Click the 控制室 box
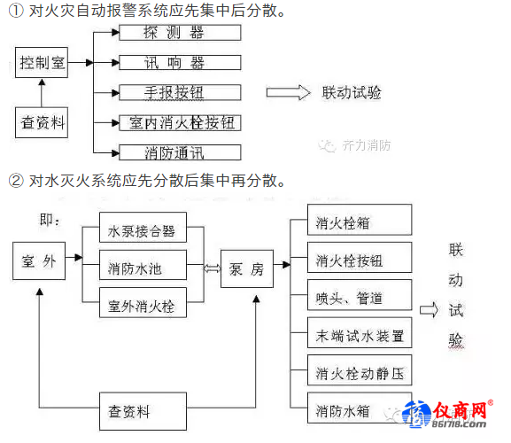42,62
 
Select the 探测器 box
180,32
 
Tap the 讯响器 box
180,62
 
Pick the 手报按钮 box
180,92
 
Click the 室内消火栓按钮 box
180,123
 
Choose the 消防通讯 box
180,152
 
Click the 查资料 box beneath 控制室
42,122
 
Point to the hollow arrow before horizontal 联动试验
288,92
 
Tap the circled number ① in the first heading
16,11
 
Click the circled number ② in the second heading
16,180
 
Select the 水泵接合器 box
143,227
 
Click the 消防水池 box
143,265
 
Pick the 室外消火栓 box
143,302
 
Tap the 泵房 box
247,268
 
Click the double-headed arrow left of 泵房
212,268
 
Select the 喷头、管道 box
360,295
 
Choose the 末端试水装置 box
360,332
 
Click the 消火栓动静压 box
360,370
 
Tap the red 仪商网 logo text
460,410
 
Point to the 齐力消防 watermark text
367,145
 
